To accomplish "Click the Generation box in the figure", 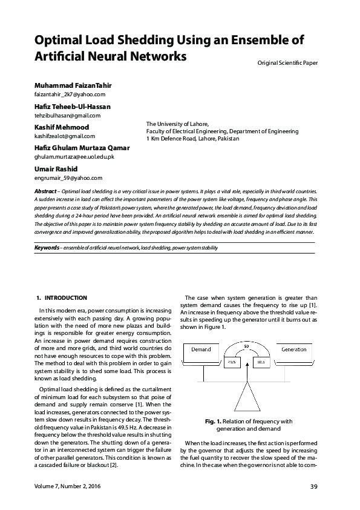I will (294, 349).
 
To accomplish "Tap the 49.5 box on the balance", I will (232, 362).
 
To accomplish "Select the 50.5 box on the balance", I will (261, 362).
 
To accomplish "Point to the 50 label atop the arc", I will (247, 346).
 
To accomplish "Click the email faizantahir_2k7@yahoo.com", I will (70, 94).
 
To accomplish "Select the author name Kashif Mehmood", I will (61, 127).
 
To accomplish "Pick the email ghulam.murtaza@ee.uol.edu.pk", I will (74, 157).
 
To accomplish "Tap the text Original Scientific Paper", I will (287, 62).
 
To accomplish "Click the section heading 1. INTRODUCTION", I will (62, 298).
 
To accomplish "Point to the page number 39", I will (313, 487).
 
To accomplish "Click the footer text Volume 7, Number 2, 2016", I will (67, 487).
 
